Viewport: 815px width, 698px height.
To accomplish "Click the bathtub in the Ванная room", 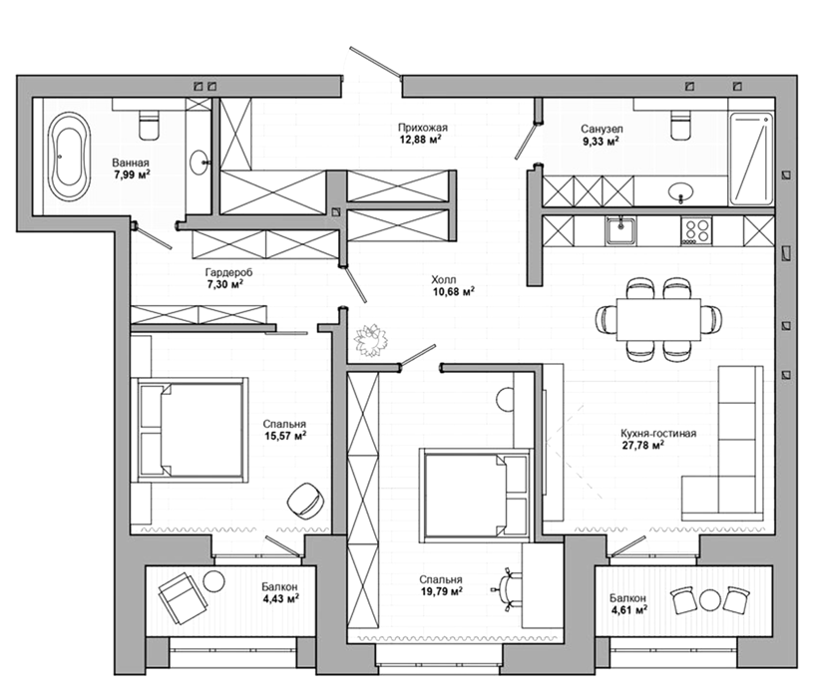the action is pyautogui.click(x=69, y=157).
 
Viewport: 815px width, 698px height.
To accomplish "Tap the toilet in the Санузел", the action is pyautogui.click(x=681, y=125).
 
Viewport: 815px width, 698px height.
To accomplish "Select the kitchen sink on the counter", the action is pyautogui.click(x=620, y=230).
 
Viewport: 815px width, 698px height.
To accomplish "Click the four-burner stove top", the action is pyautogui.click(x=696, y=230).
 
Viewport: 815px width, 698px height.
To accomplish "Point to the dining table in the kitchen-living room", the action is pyautogui.click(x=659, y=319).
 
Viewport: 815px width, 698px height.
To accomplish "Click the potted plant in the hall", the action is pyautogui.click(x=371, y=340).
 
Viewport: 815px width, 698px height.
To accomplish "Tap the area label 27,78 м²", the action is pyautogui.click(x=643, y=445).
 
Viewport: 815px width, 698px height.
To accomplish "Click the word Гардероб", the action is pyautogui.click(x=228, y=272).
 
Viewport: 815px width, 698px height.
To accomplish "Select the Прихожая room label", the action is pyautogui.click(x=423, y=128).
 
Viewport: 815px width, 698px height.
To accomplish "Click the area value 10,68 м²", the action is pyautogui.click(x=453, y=291).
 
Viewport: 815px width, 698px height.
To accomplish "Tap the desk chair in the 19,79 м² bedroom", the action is pyautogui.click(x=507, y=590).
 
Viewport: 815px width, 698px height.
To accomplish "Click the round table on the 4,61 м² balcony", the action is pyautogui.click(x=708, y=600).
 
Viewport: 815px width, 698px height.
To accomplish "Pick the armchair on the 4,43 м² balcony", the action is pyautogui.click(x=183, y=598).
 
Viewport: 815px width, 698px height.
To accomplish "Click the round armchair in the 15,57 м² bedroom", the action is pyautogui.click(x=304, y=500).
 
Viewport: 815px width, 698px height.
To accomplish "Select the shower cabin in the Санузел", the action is pyautogui.click(x=751, y=158).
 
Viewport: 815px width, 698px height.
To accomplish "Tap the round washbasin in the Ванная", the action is pyautogui.click(x=200, y=163).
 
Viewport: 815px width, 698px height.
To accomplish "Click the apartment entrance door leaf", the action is pyautogui.click(x=375, y=63).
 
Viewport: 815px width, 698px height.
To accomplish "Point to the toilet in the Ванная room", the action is pyautogui.click(x=150, y=124).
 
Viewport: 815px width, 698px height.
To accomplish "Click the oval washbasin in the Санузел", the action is pyautogui.click(x=680, y=191).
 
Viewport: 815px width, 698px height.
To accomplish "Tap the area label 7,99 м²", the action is pyautogui.click(x=132, y=174).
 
